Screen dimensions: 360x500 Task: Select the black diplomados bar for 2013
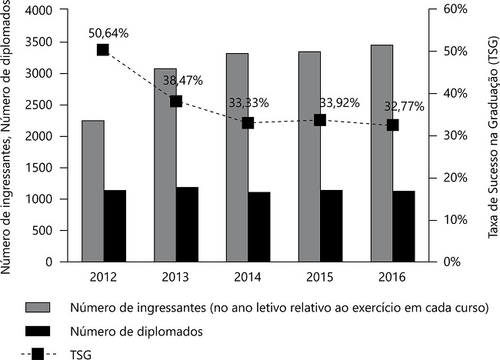pyautogui.click(x=187, y=224)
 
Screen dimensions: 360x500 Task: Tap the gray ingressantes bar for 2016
pyautogui.click(x=382, y=153)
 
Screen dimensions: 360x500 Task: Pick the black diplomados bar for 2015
pyautogui.click(x=332, y=225)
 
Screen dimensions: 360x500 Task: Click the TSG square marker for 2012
pyautogui.click(x=103, y=50)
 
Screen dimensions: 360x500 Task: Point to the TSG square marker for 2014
pyautogui.click(x=248, y=122)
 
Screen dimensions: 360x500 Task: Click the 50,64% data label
pyautogui.click(x=108, y=33)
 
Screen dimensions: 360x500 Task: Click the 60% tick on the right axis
pyautogui.click(x=452, y=9)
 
